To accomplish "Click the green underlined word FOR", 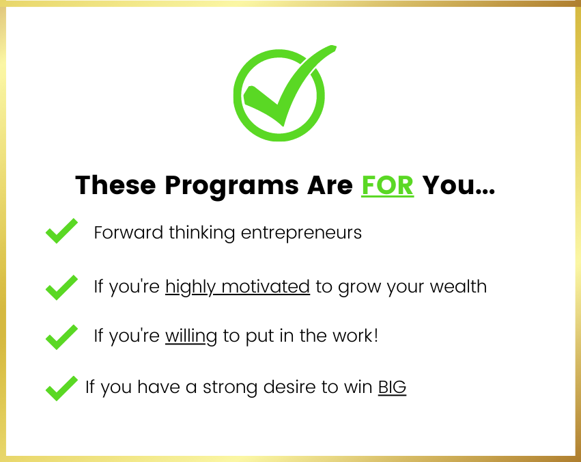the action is (387, 185).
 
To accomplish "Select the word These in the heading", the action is (115, 185).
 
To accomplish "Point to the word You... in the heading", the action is (459, 185).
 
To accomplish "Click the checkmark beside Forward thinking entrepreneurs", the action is (61, 231).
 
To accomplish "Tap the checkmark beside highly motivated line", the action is (61, 288).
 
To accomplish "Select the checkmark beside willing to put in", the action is (61, 337).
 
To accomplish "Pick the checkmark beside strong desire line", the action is (61, 388).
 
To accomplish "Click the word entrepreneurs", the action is (301, 234).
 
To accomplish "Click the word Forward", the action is (128, 232).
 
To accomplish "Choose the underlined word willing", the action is (191, 337).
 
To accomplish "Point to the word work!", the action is (355, 336).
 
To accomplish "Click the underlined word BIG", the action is (392, 388).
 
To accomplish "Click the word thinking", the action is (202, 234).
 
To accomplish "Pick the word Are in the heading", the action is (330, 185).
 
